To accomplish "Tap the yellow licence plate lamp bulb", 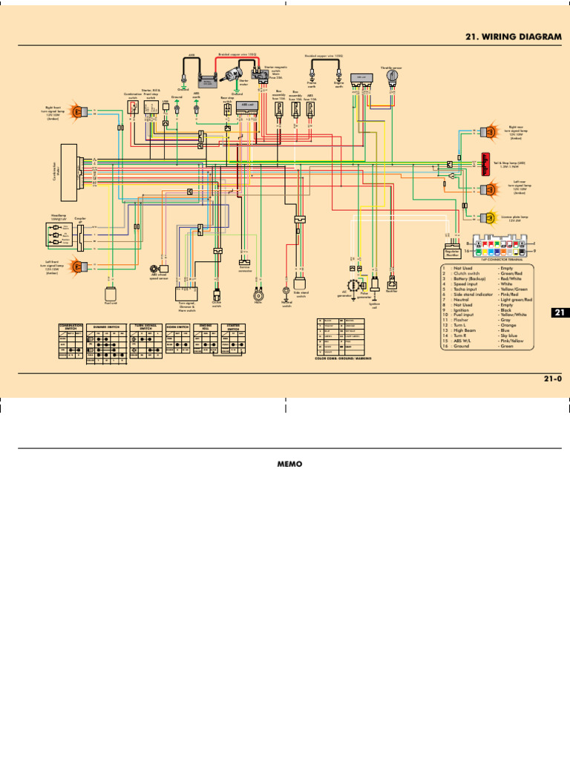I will (x=490, y=217).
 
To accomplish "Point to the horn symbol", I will (x=259, y=292).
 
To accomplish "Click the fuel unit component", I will (x=110, y=291).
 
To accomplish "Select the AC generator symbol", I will (x=353, y=284).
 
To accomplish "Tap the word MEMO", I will (x=286, y=462).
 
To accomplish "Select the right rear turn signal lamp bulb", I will (x=490, y=131).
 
